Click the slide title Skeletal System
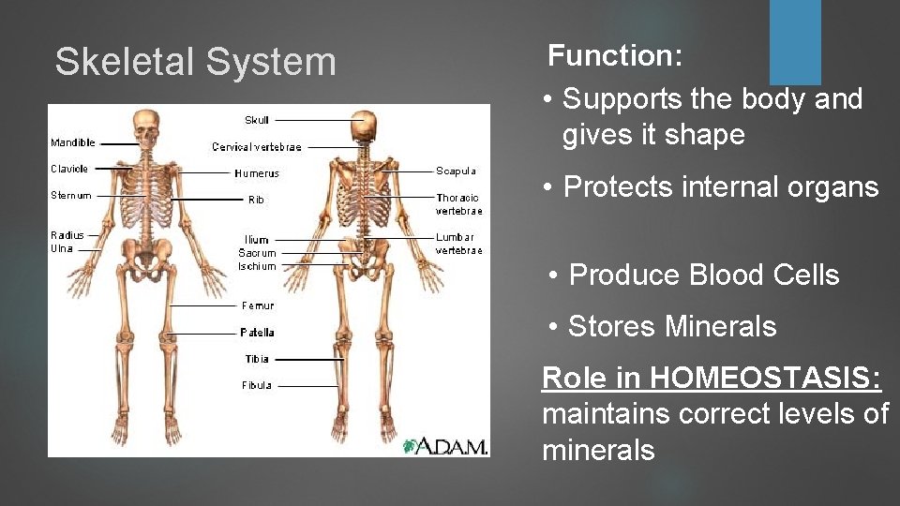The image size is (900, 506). click(x=195, y=62)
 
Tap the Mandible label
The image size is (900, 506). click(x=73, y=143)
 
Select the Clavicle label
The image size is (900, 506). click(x=69, y=170)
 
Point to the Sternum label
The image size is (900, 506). click(x=71, y=196)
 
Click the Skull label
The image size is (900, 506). click(x=257, y=120)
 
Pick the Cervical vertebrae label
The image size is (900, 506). click(x=257, y=147)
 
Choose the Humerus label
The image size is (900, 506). click(x=257, y=173)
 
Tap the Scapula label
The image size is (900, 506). click(x=456, y=171)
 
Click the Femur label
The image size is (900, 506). click(x=258, y=305)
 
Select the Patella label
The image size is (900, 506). click(x=257, y=333)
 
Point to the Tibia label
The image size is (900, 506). click(x=257, y=359)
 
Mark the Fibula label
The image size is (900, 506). click(x=257, y=385)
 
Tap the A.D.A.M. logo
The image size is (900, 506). click(x=445, y=445)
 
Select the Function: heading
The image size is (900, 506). click(x=615, y=55)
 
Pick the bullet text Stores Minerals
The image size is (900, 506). click(x=672, y=326)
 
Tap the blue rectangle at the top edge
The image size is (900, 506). click(x=795, y=41)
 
